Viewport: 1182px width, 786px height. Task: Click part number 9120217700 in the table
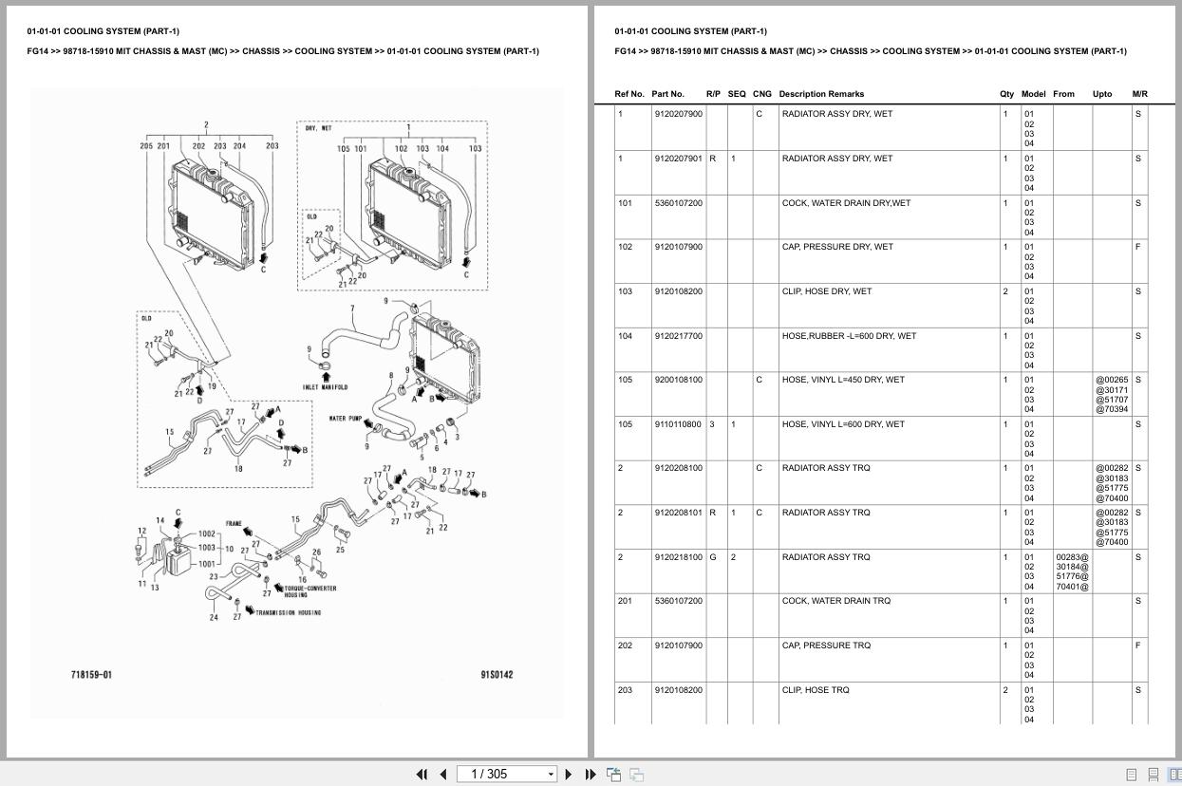678,336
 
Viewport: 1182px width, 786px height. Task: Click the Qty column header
1006,94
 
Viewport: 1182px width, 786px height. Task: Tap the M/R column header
1139,94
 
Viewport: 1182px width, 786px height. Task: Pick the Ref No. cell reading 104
625,336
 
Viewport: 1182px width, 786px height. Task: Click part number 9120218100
678,557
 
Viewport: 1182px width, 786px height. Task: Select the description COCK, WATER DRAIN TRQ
835,601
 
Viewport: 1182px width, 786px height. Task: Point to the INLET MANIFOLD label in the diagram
325,387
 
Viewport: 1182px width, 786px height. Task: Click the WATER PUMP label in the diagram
345,419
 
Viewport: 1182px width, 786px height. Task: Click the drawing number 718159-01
91,675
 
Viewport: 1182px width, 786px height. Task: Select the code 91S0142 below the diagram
497,675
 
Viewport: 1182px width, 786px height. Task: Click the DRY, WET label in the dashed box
318,128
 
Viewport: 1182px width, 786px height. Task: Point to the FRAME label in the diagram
234,524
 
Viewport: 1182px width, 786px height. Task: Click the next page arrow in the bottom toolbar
569,775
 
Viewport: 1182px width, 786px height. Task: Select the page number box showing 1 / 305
506,775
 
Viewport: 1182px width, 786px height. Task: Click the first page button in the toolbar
422,775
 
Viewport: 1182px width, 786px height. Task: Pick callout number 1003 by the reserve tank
206,548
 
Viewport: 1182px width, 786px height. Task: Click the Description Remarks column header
821,94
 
